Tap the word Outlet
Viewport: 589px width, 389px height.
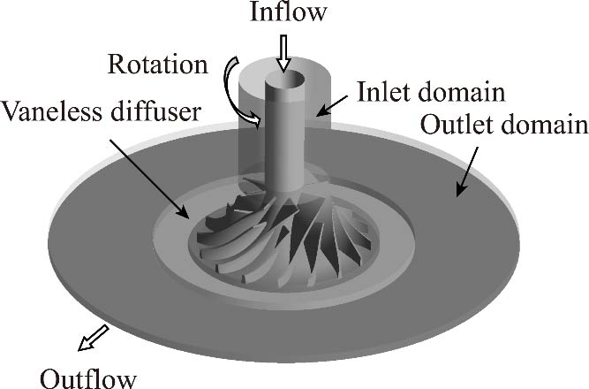tap(451, 124)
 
